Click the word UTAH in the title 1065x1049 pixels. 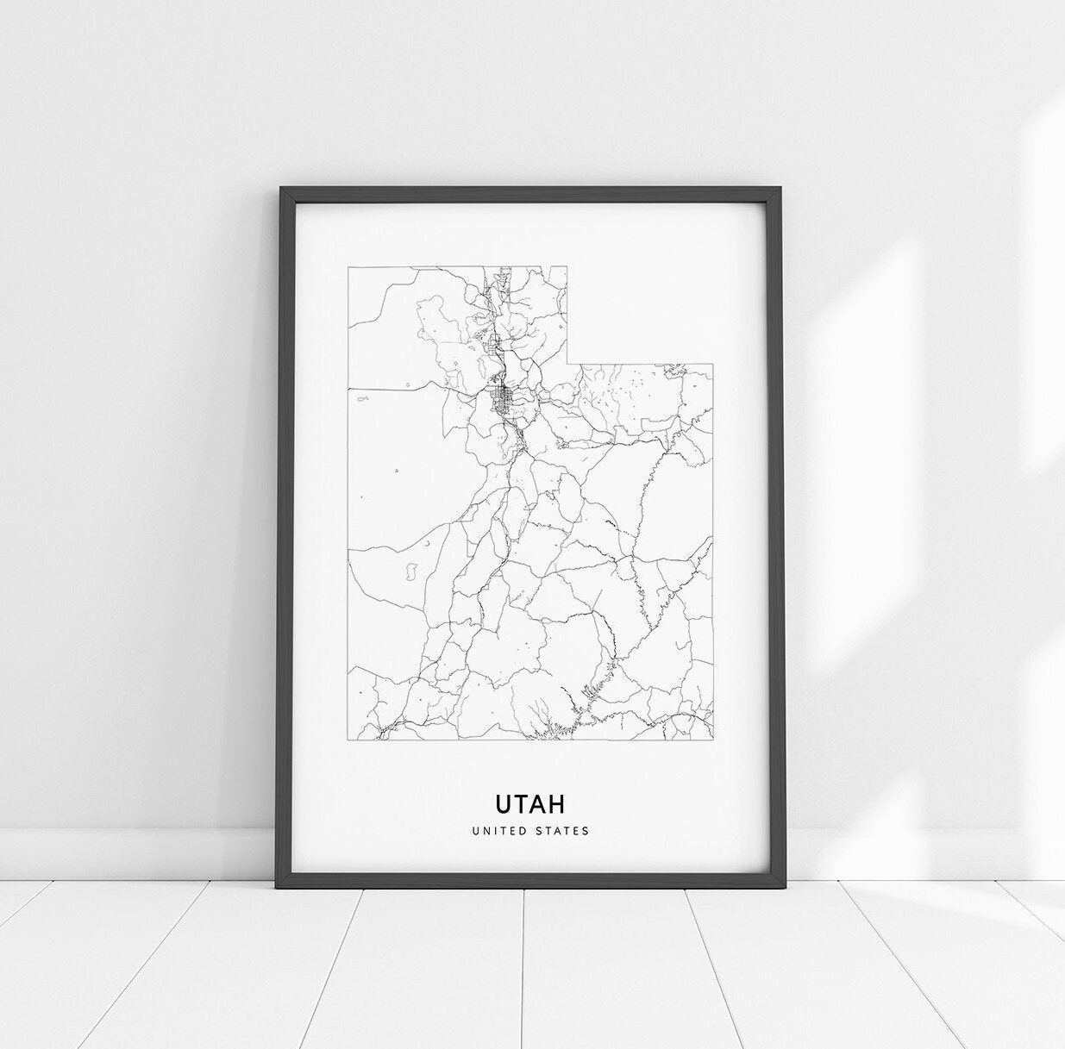click(530, 803)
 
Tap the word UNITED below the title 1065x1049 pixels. click(499, 831)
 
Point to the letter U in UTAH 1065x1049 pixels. click(503, 803)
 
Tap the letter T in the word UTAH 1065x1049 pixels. click(521, 803)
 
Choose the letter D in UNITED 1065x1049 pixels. click(523, 831)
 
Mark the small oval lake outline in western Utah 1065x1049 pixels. click(412, 570)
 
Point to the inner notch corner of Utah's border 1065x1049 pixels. click(567, 364)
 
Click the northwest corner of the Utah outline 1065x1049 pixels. click(348, 266)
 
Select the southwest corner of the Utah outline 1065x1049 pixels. click(348, 740)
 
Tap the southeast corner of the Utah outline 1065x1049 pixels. click(713, 739)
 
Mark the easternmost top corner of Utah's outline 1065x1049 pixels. click(713, 364)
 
